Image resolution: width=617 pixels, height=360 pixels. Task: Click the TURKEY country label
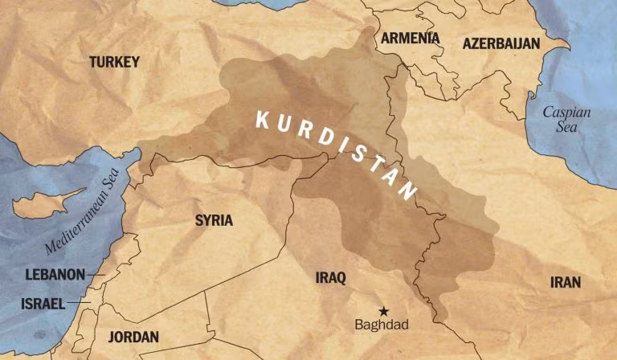(x=114, y=62)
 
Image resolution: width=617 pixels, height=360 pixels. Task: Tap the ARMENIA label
(x=410, y=39)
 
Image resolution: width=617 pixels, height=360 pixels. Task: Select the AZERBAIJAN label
(x=501, y=43)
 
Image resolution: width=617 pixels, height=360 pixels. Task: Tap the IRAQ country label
(x=330, y=278)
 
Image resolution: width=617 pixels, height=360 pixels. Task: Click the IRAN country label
(x=565, y=282)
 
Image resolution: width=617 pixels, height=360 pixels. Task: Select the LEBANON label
(x=55, y=275)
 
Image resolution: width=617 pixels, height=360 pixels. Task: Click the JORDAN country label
(x=133, y=337)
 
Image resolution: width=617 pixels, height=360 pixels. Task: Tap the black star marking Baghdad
(x=383, y=311)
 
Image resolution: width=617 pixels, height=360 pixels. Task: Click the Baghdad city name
(x=382, y=325)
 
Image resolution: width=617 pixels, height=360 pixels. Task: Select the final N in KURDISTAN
(x=410, y=193)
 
